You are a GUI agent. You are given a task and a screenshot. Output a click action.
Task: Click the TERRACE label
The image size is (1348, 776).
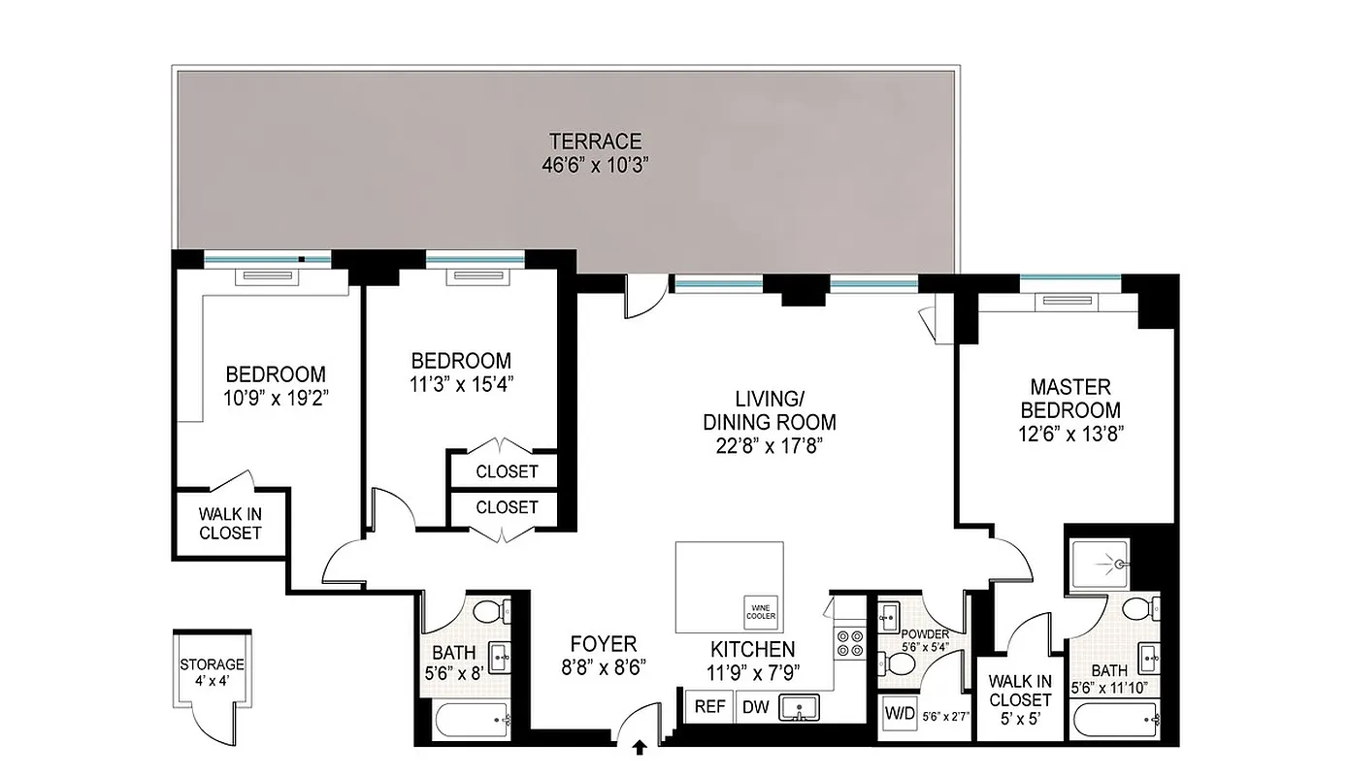point(595,142)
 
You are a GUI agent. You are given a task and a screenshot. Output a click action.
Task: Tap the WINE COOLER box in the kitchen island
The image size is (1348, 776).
point(762,611)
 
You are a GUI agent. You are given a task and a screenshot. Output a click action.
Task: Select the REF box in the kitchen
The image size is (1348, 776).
point(709,707)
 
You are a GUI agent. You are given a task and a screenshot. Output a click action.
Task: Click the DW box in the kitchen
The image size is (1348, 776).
point(755,707)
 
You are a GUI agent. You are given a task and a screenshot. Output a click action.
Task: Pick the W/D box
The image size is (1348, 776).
point(898,715)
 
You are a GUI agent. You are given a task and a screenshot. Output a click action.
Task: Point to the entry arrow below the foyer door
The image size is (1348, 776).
point(641,748)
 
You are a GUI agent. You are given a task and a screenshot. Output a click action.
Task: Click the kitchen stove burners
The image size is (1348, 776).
point(850,644)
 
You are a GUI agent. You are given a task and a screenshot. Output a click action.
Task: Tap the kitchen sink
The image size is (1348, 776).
point(801,708)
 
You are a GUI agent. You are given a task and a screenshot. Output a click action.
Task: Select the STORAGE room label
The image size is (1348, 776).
point(212,664)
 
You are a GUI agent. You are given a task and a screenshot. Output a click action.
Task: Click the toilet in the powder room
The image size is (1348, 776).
point(899,665)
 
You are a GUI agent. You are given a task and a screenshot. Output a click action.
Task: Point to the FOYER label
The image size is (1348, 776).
point(603,644)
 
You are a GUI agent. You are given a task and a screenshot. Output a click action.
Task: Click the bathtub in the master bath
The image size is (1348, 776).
point(1117,720)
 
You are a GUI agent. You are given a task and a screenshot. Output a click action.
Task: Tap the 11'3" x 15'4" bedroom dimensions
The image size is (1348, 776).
point(460,382)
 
